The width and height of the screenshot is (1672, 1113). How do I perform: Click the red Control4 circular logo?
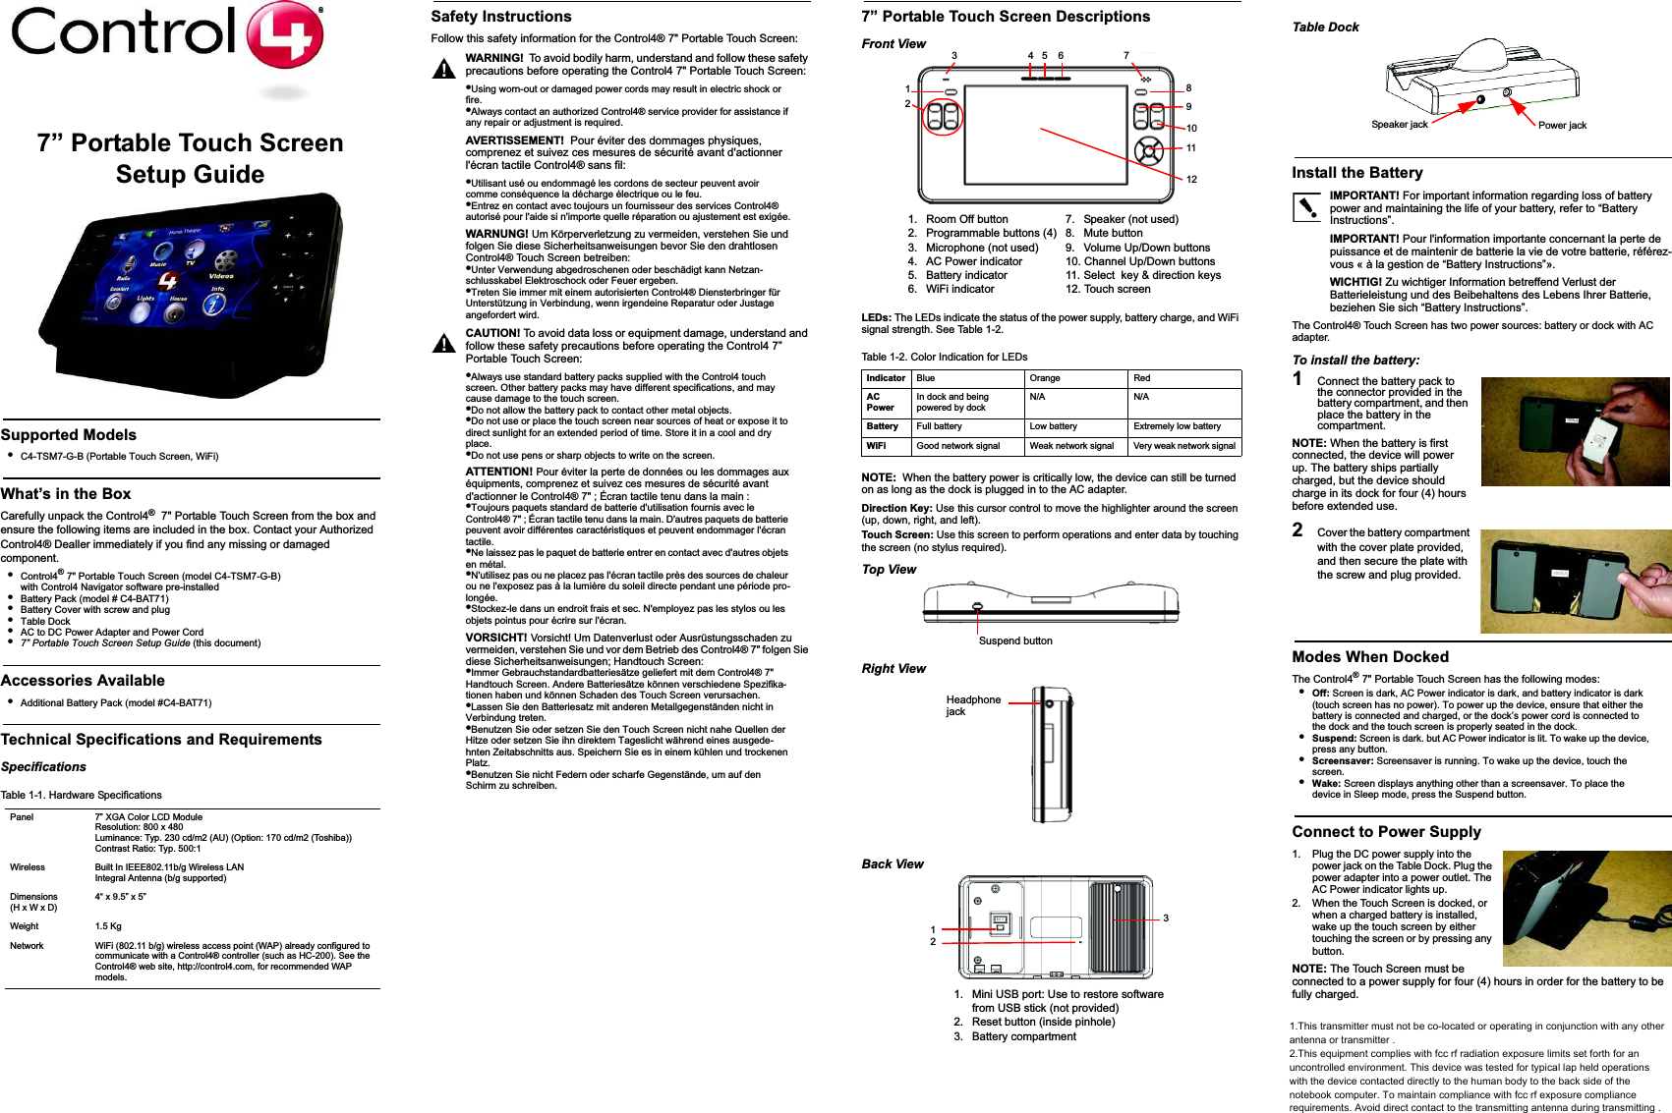pyautogui.click(x=284, y=36)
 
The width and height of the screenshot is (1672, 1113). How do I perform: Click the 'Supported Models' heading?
pyautogui.click(x=69, y=435)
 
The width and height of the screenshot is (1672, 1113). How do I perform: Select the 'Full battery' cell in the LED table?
pyautogui.click(x=939, y=426)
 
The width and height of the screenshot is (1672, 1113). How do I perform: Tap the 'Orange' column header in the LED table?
pyautogui.click(x=1045, y=378)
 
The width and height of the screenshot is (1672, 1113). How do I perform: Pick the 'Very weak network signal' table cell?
pyautogui.click(x=1184, y=446)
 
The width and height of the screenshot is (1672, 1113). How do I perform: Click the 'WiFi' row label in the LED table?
pyautogui.click(x=876, y=446)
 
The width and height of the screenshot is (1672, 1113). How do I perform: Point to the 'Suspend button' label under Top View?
pyautogui.click(x=1015, y=640)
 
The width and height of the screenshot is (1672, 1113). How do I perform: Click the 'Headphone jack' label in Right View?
pyautogui.click(x=972, y=705)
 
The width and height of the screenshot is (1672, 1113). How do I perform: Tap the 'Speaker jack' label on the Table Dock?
pyautogui.click(x=1399, y=125)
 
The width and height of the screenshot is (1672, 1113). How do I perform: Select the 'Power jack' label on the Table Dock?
pyautogui.click(x=1562, y=126)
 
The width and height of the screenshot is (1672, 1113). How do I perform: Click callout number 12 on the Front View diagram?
pyautogui.click(x=1191, y=179)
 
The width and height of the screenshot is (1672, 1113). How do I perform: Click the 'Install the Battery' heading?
pyautogui.click(x=1356, y=173)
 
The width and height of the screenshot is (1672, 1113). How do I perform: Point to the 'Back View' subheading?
pyautogui.click(x=893, y=864)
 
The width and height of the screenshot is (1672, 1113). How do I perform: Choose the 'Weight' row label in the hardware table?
pyautogui.click(x=25, y=926)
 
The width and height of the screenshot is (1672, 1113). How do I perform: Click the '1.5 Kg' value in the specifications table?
pyautogui.click(x=108, y=926)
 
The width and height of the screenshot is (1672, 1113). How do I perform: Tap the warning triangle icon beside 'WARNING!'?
pyautogui.click(x=444, y=69)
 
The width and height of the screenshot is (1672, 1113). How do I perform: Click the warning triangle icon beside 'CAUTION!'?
pyautogui.click(x=444, y=343)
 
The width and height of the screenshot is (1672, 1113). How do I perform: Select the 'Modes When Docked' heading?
pyautogui.click(x=1369, y=657)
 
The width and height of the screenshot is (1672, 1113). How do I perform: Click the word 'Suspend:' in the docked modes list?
pyautogui.click(x=1334, y=739)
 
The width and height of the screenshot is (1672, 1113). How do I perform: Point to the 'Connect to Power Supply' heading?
pyautogui.click(x=1386, y=832)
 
